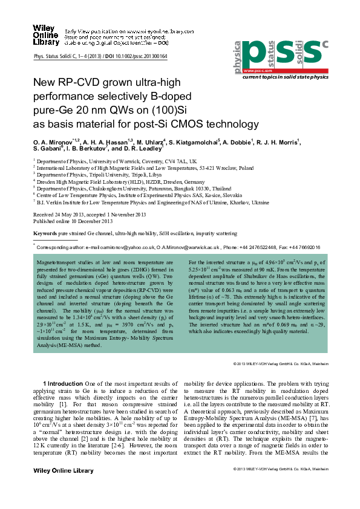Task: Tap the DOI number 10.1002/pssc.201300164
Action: pyautogui.click(x=140, y=56)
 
